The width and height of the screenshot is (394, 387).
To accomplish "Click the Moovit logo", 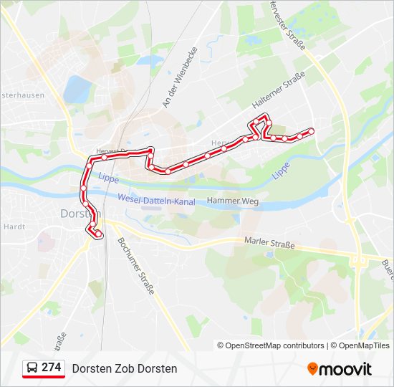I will click(x=340, y=368).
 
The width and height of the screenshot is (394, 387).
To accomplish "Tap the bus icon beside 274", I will click(x=32, y=368).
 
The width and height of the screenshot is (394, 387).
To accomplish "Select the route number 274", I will click(x=51, y=368).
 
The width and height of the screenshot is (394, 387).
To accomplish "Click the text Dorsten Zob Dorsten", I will click(x=124, y=368).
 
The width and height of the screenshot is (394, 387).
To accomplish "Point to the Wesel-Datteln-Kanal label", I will click(x=156, y=201).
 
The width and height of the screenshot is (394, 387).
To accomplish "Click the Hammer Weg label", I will click(x=232, y=202).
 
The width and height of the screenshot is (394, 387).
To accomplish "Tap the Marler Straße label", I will click(x=269, y=244).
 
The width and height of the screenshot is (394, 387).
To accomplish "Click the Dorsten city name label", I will click(x=80, y=214).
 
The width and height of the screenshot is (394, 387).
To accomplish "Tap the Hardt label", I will click(x=14, y=226).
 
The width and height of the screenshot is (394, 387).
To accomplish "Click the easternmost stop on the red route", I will click(x=312, y=130).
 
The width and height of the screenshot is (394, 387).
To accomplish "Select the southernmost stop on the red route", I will click(x=99, y=235).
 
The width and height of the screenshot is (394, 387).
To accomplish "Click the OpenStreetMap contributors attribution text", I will click(x=271, y=345).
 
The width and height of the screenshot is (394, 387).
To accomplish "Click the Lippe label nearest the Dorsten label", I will click(x=107, y=177).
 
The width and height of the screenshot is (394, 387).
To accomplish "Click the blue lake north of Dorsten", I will click(x=76, y=89).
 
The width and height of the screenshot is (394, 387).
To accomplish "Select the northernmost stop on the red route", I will click(x=264, y=118).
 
